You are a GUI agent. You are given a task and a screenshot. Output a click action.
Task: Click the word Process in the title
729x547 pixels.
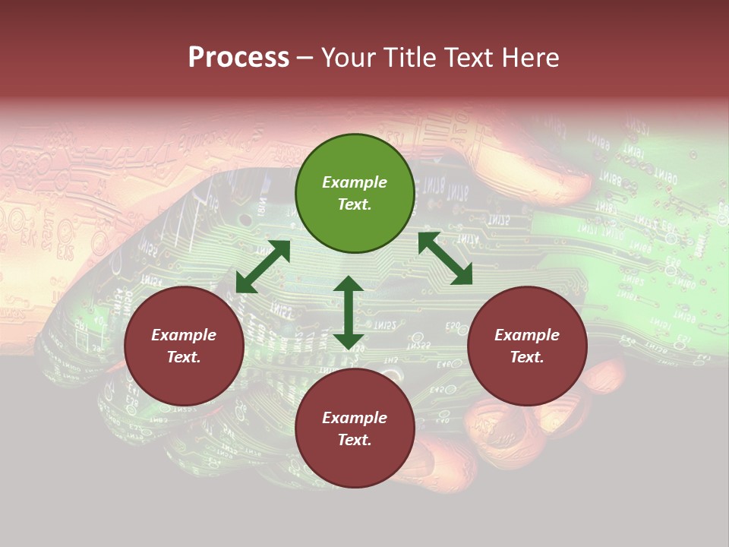click(238, 58)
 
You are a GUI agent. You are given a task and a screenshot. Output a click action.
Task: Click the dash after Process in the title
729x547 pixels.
click(305, 58)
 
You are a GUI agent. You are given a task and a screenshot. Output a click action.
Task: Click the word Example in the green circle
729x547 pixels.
click(355, 182)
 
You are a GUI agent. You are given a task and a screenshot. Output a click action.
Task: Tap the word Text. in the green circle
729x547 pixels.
click(355, 204)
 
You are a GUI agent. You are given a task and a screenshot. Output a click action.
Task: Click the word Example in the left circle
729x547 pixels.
click(184, 335)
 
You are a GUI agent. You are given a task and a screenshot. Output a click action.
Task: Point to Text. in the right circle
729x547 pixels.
click(527, 357)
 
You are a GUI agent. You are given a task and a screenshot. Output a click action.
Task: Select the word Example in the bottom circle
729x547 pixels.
click(355, 418)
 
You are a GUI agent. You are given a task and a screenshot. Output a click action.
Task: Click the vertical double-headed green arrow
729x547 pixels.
click(349, 312)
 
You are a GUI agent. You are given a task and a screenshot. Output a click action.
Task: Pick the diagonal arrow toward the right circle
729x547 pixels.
click(445, 258)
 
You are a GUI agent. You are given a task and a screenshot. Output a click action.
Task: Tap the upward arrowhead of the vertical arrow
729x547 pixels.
click(349, 286)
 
